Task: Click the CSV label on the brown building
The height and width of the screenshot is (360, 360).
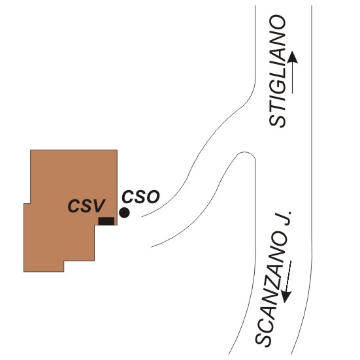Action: pyautogui.click(x=86, y=206)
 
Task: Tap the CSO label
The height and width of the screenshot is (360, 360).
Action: pyautogui.click(x=140, y=197)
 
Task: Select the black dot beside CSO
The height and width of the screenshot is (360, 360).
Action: pyautogui.click(x=124, y=212)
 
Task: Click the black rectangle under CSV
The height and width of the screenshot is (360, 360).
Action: pyautogui.click(x=106, y=221)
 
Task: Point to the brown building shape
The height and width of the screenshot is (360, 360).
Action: pyautogui.click(x=69, y=206)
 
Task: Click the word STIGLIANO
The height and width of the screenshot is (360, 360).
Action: pyautogui.click(x=277, y=71)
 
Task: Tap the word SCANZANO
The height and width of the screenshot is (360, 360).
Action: pyautogui.click(x=271, y=289)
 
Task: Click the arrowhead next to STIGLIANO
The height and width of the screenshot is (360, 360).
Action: pyautogui.click(x=292, y=57)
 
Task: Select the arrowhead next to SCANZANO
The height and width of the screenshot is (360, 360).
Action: pyautogui.click(x=286, y=297)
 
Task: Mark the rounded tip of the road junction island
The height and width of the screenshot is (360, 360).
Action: pyautogui.click(x=245, y=152)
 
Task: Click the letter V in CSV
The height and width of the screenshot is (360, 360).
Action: pyautogui.click(x=99, y=206)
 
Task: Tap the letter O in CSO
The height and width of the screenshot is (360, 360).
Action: pyautogui.click(x=153, y=197)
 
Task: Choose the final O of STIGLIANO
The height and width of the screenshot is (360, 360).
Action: pyautogui.click(x=277, y=22)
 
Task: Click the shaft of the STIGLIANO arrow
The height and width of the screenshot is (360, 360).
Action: pyautogui.click(x=292, y=78)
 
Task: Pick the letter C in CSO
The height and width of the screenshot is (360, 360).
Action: pyautogui.click(x=127, y=197)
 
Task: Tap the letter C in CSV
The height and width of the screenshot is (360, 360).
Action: pyautogui.click(x=74, y=206)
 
